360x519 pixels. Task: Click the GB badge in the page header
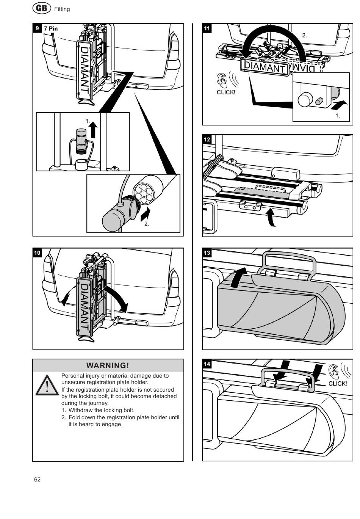click(42, 8)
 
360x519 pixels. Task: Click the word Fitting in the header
click(62, 9)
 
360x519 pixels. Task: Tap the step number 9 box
click(37, 28)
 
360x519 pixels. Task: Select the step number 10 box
click(37, 253)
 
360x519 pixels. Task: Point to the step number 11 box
click(207, 28)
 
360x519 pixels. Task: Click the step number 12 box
click(207, 139)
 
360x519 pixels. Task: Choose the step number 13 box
click(207, 253)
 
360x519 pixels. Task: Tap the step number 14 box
click(207, 364)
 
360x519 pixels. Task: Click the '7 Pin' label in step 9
click(51, 28)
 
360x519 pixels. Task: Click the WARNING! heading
click(108, 365)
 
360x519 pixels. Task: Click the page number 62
click(37, 479)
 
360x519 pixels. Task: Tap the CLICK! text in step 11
click(226, 92)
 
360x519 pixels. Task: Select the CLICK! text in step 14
click(337, 383)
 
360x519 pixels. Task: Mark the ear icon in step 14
click(333, 372)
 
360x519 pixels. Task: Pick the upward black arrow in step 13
click(239, 278)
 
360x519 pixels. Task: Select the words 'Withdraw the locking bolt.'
click(101, 410)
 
